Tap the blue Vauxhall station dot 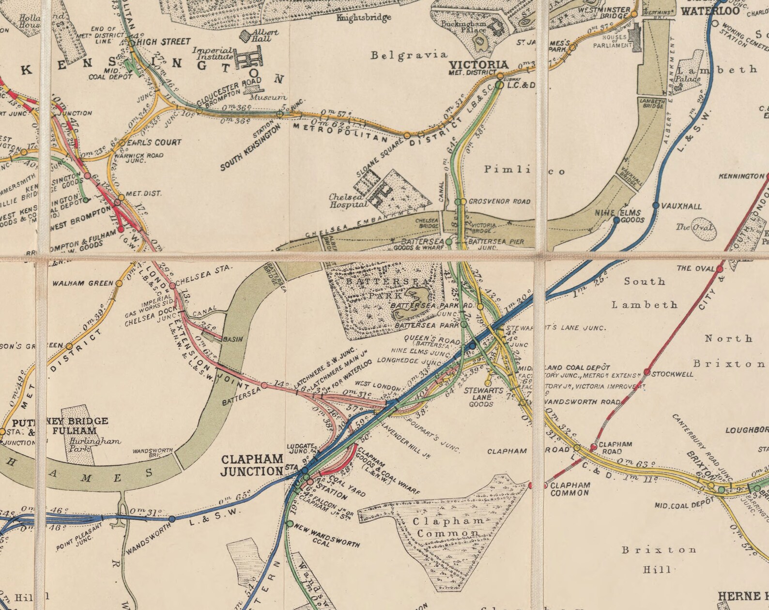click(x=656, y=205)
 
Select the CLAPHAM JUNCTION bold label click(x=252, y=465)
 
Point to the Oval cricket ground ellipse click(x=702, y=231)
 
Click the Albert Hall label click(x=265, y=35)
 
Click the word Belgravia click(x=409, y=55)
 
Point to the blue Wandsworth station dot click(x=172, y=519)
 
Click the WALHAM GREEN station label click(x=83, y=283)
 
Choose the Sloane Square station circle click(x=407, y=135)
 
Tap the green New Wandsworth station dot click(x=290, y=524)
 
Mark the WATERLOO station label click(x=710, y=11)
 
